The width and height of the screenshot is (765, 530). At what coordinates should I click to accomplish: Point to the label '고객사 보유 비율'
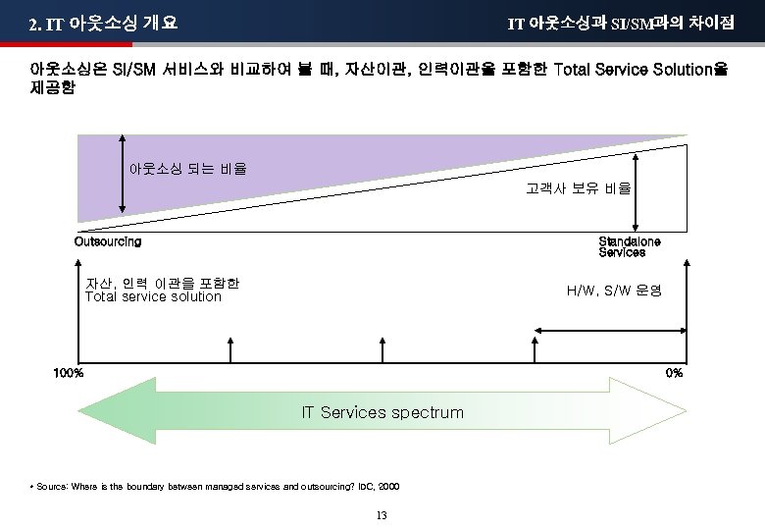[x=579, y=187]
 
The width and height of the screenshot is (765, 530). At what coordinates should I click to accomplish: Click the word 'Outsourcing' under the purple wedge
[x=108, y=241]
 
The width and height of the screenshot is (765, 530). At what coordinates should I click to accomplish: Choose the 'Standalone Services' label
[x=629, y=246]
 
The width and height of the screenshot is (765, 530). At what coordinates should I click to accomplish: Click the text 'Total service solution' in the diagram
[x=153, y=297]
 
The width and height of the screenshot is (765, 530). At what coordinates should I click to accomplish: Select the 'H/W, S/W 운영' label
[x=614, y=291]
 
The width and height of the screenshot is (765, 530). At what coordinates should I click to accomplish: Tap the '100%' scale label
[x=69, y=373]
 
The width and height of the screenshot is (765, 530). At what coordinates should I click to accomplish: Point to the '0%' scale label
[x=674, y=373]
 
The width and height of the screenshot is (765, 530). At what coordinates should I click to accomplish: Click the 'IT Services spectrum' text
[x=382, y=412]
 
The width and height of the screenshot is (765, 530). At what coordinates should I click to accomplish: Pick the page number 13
[x=382, y=516]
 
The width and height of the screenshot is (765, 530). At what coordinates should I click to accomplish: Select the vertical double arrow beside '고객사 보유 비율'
[x=638, y=189]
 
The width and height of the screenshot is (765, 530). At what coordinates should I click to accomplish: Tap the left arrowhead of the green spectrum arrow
[x=98, y=411]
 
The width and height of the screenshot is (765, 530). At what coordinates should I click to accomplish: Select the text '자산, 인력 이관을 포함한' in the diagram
[x=162, y=284]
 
